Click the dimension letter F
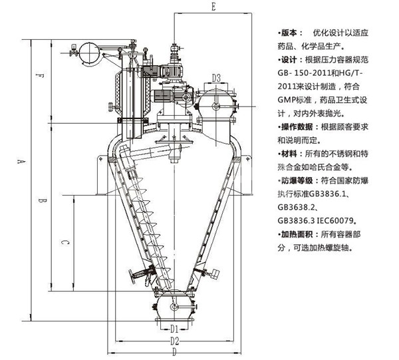pyautogui.click(x=41, y=76)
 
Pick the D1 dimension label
pyautogui.click(x=172, y=328)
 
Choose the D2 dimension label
pyautogui.click(x=174, y=341)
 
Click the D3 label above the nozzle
pyautogui.click(x=216, y=79)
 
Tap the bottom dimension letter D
pyautogui.click(x=174, y=352)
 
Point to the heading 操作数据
pyautogui.click(x=299, y=127)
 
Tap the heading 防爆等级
pyautogui.click(x=299, y=180)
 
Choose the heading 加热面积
pyautogui.click(x=299, y=234)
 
